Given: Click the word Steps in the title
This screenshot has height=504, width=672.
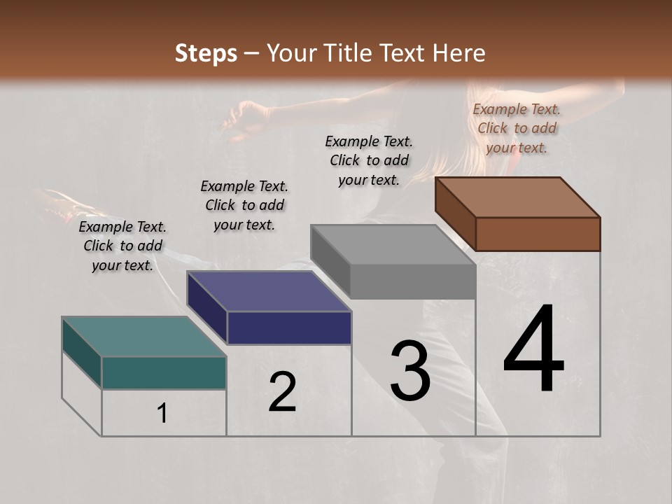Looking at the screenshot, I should click(x=206, y=53).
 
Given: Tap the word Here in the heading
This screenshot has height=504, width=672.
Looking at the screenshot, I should click(x=459, y=53).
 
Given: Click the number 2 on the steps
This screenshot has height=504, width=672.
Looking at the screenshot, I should click(x=282, y=392).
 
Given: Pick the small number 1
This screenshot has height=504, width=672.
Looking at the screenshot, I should click(x=162, y=413).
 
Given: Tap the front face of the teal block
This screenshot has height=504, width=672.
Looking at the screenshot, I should click(x=164, y=372).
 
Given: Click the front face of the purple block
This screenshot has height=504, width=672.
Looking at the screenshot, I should click(x=289, y=328).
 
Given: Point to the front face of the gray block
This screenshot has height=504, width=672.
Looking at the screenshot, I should click(x=413, y=282).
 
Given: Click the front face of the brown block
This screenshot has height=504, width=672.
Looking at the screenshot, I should click(x=538, y=234).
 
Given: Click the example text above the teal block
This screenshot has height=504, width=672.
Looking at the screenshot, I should click(x=122, y=246).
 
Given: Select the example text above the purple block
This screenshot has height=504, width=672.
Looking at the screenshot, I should click(x=244, y=205).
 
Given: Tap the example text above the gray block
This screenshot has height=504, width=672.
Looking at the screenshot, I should click(x=369, y=160).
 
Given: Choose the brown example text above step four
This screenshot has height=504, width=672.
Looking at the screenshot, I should click(x=517, y=128).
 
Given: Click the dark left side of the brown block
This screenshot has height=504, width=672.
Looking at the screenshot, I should click(x=455, y=214).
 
